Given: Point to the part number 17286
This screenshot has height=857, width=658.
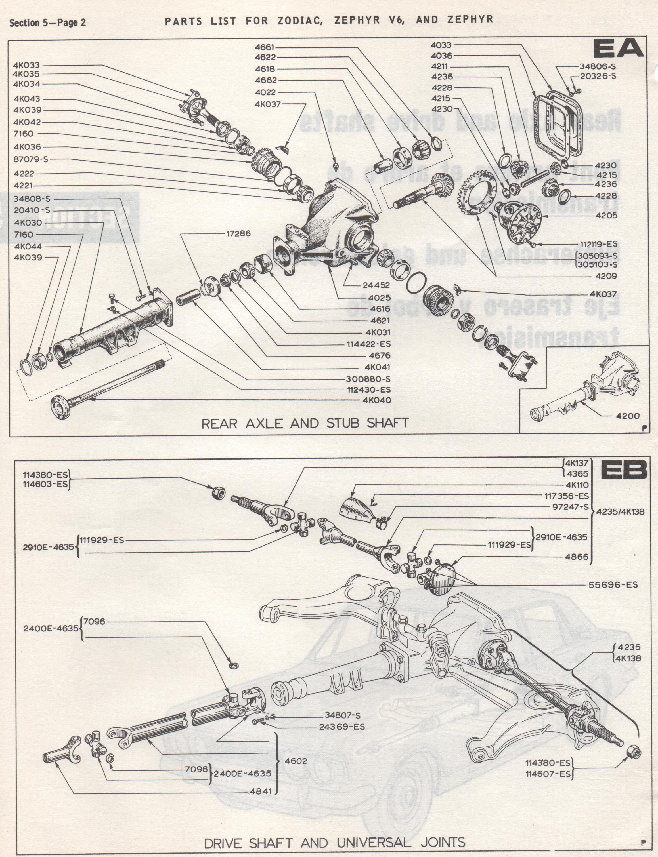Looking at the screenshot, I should tap(238, 234).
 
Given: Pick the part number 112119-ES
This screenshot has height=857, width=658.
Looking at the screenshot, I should tap(598, 244).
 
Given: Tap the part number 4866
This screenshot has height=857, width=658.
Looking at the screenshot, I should tap(577, 557).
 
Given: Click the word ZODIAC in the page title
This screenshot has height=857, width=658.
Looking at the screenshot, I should tap(300, 21).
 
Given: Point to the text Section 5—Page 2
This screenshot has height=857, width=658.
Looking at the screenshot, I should tap(47, 23).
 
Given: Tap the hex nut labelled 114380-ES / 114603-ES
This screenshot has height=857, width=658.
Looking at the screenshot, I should tap(217, 493).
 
